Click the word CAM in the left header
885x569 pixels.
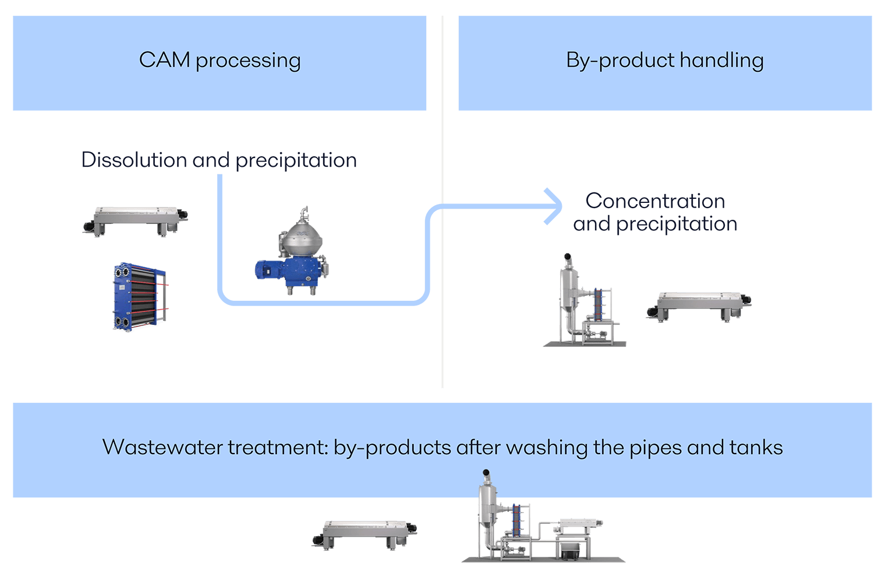[x=164, y=60]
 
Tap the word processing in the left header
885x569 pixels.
[x=248, y=61]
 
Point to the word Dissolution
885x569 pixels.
[x=134, y=160]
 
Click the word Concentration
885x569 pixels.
[x=655, y=201]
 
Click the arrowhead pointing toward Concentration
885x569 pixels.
[x=554, y=206]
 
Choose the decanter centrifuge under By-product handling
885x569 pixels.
[x=699, y=306]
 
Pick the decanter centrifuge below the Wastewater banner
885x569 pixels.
[x=364, y=533]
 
